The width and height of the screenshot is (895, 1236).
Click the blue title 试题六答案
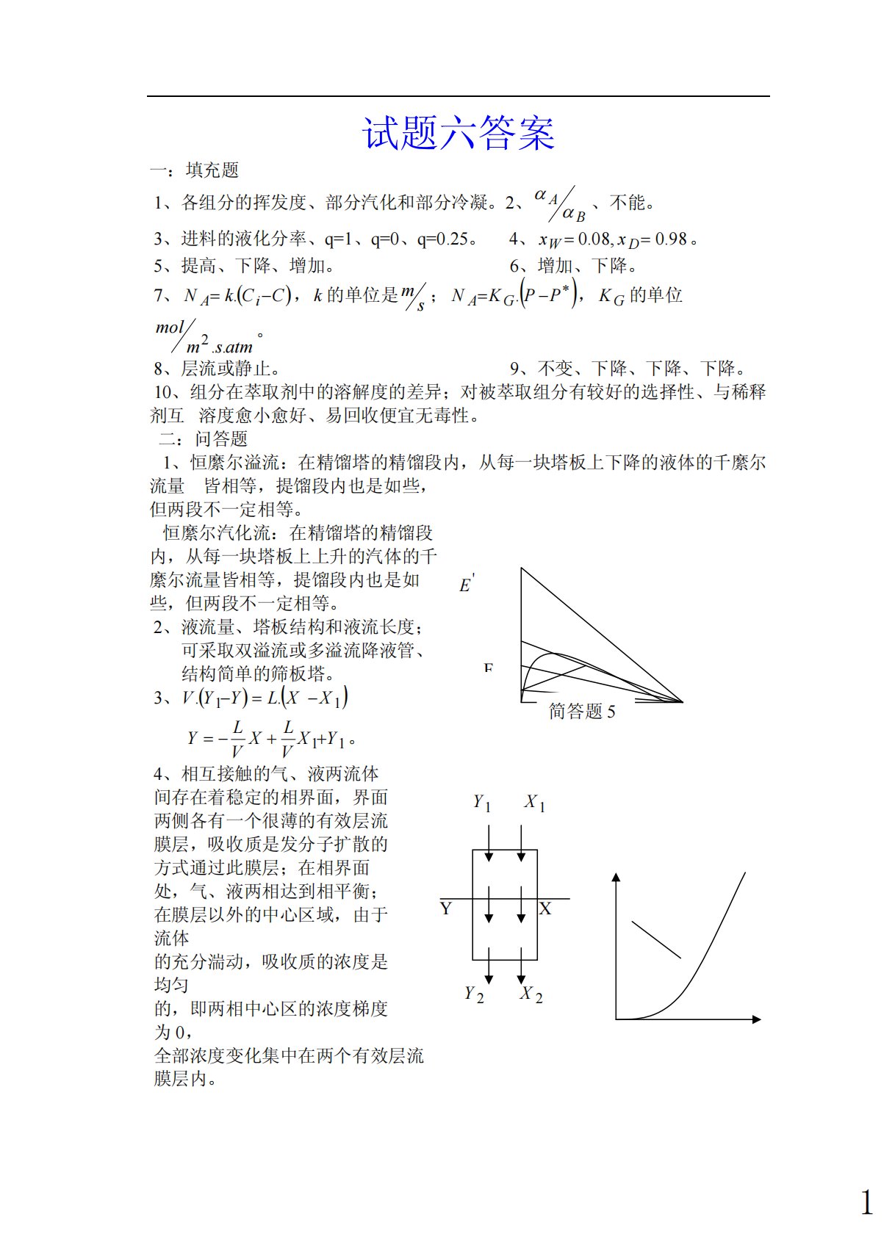459,134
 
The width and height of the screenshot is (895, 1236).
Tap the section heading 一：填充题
195,170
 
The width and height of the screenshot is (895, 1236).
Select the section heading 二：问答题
204,439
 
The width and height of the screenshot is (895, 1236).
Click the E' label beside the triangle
466,584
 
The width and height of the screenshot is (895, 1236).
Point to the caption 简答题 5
582,711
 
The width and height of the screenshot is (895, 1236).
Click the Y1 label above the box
481,803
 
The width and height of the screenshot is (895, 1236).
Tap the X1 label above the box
534,803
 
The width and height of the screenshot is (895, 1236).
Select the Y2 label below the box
474,994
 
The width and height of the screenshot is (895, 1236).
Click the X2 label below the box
531,994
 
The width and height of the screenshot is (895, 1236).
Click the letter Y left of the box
446,909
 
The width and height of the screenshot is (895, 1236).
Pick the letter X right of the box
545,909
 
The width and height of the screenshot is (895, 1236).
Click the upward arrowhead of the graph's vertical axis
617,876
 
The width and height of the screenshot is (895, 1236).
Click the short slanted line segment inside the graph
656,940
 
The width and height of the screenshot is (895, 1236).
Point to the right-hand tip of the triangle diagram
681,701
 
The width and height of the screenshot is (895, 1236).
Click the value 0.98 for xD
670,239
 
